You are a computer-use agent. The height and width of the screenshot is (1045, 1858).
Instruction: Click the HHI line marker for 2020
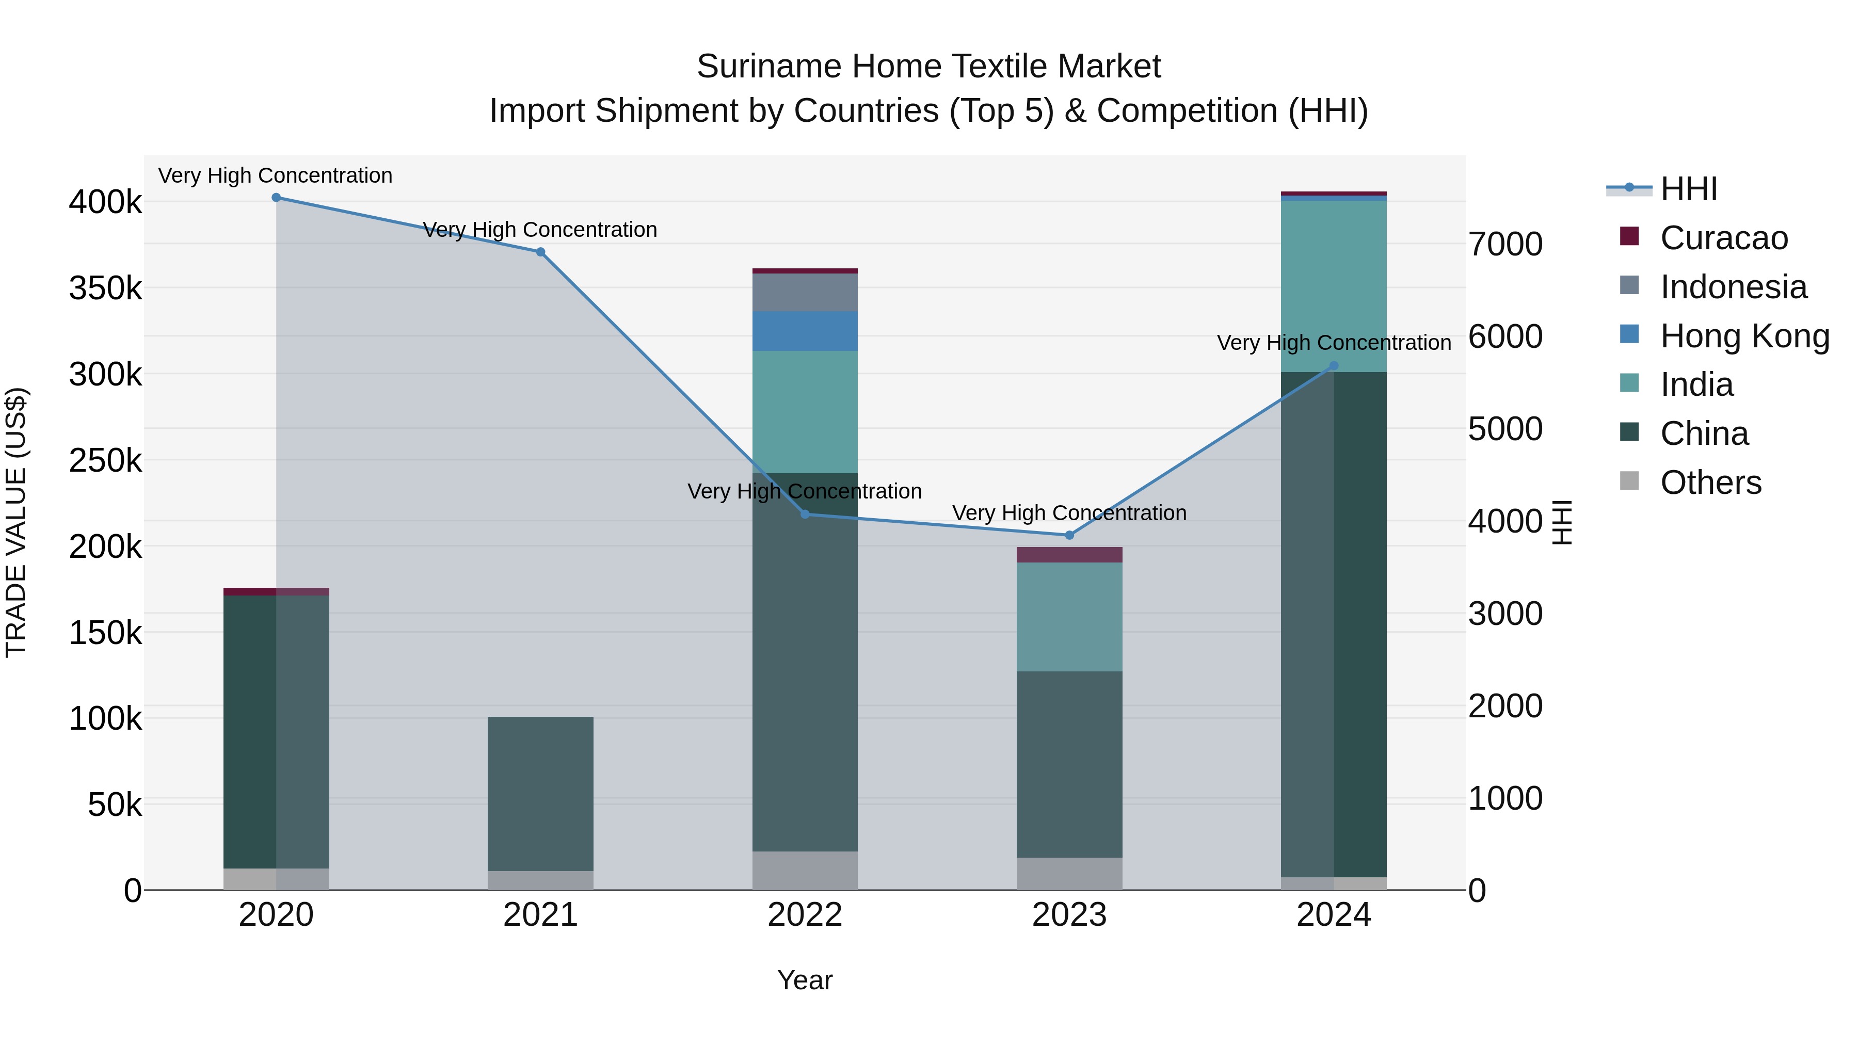pyautogui.click(x=276, y=198)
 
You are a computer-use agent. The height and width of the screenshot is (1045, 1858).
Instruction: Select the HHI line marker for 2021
pyautogui.click(x=540, y=252)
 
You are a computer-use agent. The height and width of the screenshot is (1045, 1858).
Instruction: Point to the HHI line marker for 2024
pyautogui.click(x=1334, y=366)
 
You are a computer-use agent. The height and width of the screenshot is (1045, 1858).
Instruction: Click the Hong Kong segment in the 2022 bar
pyautogui.click(x=805, y=331)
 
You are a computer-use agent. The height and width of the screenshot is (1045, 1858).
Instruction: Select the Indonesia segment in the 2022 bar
pyautogui.click(x=805, y=292)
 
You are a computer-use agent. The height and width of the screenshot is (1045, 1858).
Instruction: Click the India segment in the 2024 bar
pyautogui.click(x=1334, y=286)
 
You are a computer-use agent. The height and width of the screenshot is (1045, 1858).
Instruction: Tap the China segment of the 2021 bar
pyautogui.click(x=540, y=793)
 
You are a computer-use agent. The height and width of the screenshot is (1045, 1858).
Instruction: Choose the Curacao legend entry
pyautogui.click(x=1723, y=238)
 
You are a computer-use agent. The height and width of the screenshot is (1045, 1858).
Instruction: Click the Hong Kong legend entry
pyautogui.click(x=1743, y=336)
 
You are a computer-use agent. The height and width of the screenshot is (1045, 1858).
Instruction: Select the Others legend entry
pyautogui.click(x=1709, y=483)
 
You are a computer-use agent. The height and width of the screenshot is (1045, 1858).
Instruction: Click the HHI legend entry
pyautogui.click(x=1688, y=189)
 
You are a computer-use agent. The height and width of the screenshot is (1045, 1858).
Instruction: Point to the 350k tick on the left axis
pyautogui.click(x=105, y=288)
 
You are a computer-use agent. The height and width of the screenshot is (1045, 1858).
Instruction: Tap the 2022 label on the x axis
pyautogui.click(x=805, y=915)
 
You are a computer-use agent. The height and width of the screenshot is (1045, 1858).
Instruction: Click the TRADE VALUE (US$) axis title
pyautogui.click(x=16, y=522)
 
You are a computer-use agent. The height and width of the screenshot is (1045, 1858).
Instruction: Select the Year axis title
pyautogui.click(x=805, y=980)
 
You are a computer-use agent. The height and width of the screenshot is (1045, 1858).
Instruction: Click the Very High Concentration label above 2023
pyautogui.click(x=1069, y=513)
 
